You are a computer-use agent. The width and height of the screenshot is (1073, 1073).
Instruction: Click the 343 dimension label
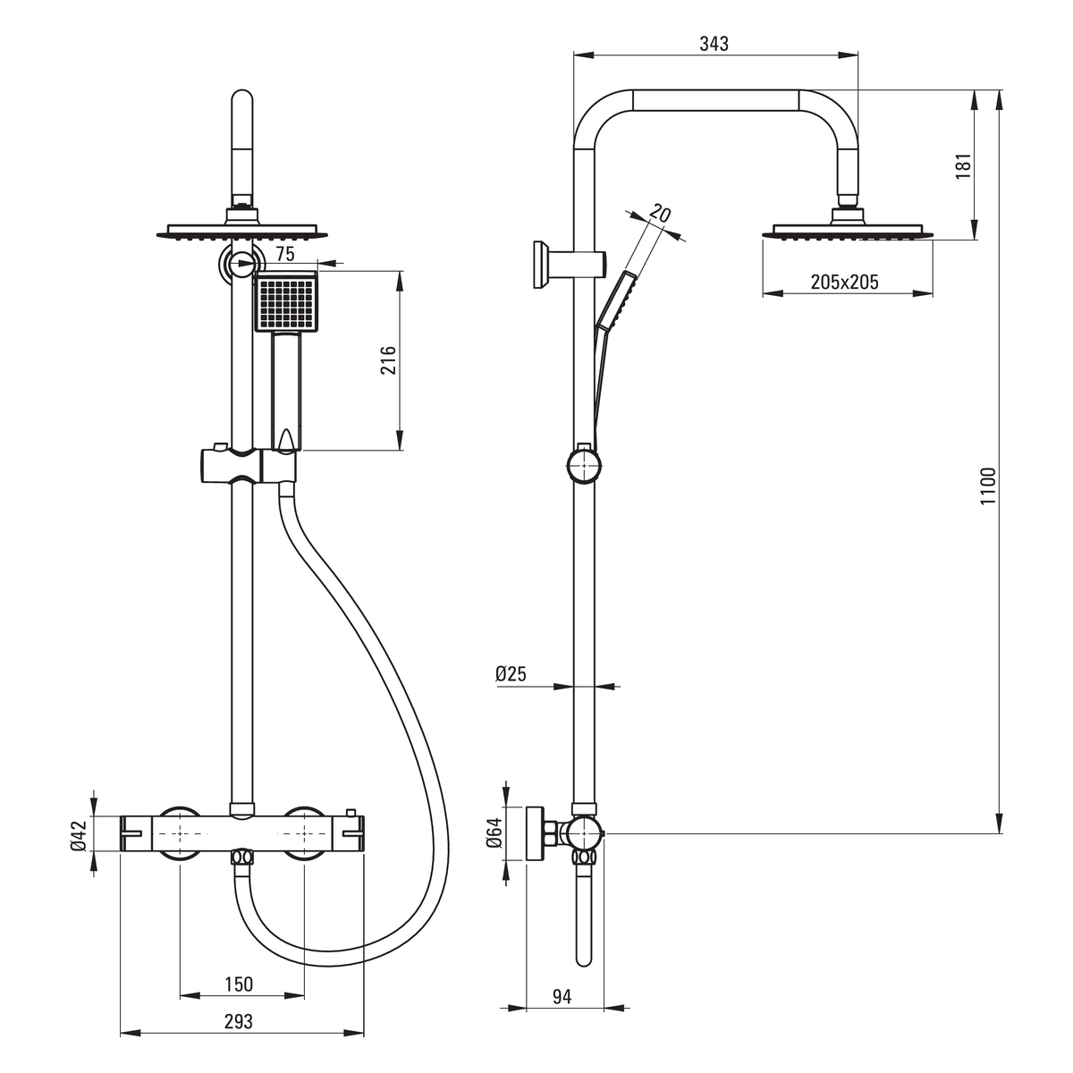pyautogui.click(x=714, y=44)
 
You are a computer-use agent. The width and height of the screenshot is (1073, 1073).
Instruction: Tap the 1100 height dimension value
pyautogui.click(x=988, y=486)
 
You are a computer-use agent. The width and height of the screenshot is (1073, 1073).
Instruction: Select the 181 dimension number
pyautogui.click(x=963, y=165)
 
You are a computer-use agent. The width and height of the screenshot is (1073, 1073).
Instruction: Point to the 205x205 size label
pyautogui.click(x=844, y=282)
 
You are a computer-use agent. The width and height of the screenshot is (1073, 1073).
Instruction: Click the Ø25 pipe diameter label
pyautogui.click(x=511, y=674)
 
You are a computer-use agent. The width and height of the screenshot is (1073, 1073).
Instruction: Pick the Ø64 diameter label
pyautogui.click(x=494, y=832)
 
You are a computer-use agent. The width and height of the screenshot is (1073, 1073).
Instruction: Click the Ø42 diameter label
pyautogui.click(x=79, y=835)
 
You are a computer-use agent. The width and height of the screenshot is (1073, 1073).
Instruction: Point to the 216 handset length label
pyautogui.click(x=388, y=359)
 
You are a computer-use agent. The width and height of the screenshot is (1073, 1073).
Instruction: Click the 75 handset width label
pyautogui.click(x=285, y=254)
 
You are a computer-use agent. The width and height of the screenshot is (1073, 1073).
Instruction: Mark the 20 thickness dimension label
pyautogui.click(x=661, y=215)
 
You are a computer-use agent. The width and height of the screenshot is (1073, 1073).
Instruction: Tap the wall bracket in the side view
pyautogui.click(x=569, y=265)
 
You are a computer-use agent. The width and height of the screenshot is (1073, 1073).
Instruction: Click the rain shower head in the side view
pyautogui.click(x=848, y=228)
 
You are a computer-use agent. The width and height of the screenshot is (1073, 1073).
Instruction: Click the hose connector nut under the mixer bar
pyautogui.click(x=241, y=856)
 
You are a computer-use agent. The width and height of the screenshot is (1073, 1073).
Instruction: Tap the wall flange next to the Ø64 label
pyautogui.click(x=536, y=832)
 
